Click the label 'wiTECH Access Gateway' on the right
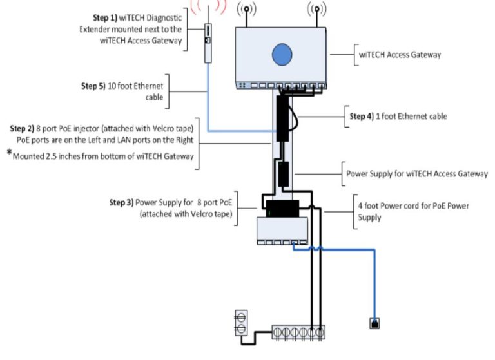pyautogui.click(x=400, y=55)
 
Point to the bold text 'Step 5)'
pyautogui.click(x=96, y=85)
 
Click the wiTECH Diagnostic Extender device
pyautogui.click(x=208, y=43)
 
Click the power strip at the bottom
pyautogui.click(x=297, y=332)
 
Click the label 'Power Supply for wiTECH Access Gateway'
pyautogui.click(x=416, y=174)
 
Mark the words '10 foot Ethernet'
pyautogui.click(x=141, y=85)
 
